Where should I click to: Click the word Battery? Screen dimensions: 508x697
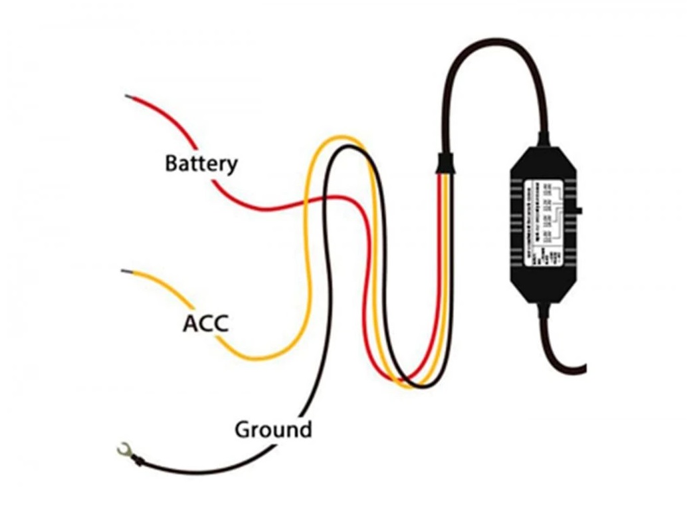point(201,163)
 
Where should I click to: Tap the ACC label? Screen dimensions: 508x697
point(205,324)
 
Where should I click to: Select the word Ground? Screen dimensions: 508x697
point(273,430)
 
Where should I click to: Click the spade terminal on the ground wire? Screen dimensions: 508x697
point(122,452)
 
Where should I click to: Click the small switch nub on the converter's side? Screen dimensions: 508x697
point(579,211)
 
